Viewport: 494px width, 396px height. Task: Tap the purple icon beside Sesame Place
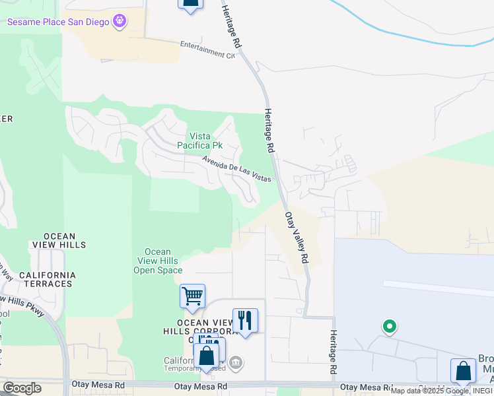tap(120, 22)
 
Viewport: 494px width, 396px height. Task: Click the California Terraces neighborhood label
tap(47, 279)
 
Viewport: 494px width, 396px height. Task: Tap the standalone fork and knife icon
tap(245, 321)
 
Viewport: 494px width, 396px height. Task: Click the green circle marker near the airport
tap(390, 325)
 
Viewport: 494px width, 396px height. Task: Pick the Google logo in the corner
tap(22, 388)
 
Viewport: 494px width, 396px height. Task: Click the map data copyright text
tap(441, 391)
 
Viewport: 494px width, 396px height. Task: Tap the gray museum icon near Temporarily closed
tap(236, 362)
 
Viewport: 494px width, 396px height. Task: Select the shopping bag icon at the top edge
tap(190, 3)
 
